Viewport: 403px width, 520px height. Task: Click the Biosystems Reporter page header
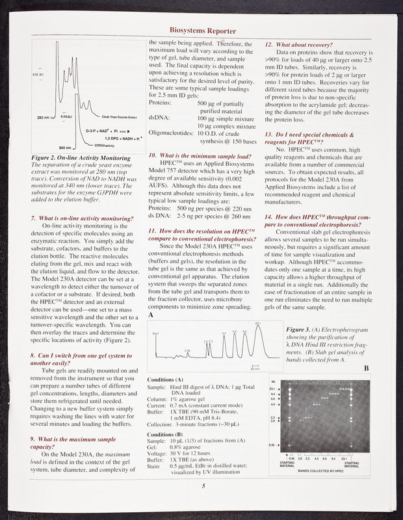(x=202, y=31)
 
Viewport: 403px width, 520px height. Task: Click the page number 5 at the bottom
(x=202, y=485)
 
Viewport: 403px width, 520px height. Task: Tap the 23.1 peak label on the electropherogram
(x=258, y=323)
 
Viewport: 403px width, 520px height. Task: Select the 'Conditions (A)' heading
(x=166, y=379)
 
